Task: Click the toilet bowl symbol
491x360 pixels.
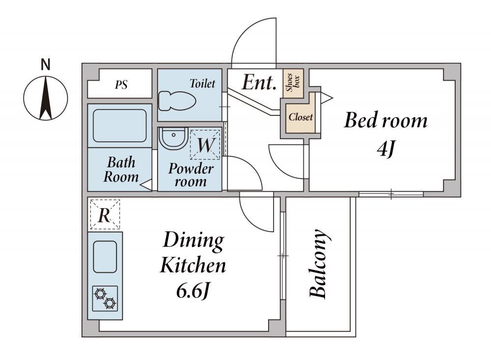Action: pos(177,101)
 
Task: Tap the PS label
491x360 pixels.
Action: pos(121,84)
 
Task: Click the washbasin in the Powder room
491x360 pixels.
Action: pos(173,138)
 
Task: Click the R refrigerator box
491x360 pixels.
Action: pos(105,215)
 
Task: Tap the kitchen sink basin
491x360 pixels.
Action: pos(105,257)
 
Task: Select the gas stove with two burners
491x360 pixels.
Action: pos(105,298)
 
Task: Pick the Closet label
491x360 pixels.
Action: pos(300,117)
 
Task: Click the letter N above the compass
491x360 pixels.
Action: pos(46,64)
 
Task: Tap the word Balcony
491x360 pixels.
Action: pos(319,263)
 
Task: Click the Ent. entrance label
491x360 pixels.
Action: pos(259,82)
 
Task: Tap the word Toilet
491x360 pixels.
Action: pos(203,83)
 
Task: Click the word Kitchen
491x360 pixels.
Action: pos(193,265)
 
